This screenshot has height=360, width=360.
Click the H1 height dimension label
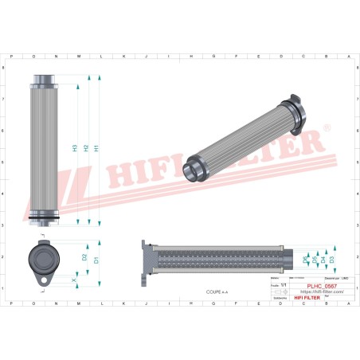(x=97, y=148)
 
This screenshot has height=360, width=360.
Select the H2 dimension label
(x=86, y=148)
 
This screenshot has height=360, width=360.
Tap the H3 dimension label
(x=75, y=148)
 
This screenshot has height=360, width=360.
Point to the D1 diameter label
(x=96, y=260)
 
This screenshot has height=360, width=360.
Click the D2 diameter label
(x=85, y=258)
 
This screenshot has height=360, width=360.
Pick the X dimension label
(x=74, y=280)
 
